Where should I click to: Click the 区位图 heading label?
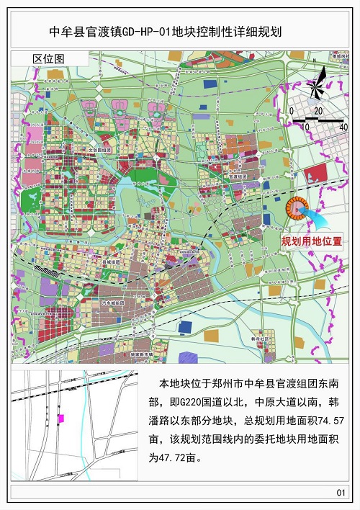(48, 58)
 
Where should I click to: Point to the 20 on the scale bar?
(318, 110)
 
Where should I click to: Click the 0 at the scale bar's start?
(291, 110)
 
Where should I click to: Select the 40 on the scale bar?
(343, 127)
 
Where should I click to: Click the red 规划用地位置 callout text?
(311, 241)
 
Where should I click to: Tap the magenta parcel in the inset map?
(61, 418)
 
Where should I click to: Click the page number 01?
(341, 492)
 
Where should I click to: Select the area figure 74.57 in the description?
(333, 419)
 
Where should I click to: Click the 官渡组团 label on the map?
(237, 176)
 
